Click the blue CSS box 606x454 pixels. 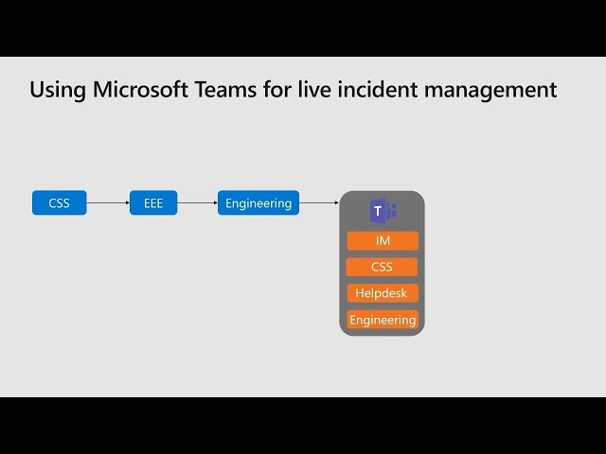59,202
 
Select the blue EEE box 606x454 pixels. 153,202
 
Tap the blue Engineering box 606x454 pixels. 258,202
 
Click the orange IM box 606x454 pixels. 383,241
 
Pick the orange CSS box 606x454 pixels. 382,267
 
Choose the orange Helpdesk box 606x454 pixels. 383,293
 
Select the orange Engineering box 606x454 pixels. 383,320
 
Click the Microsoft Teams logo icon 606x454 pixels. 383,211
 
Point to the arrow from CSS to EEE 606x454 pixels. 108,202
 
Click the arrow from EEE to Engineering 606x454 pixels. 198,202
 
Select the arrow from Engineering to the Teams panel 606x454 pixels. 319,202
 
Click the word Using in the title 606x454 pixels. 58,91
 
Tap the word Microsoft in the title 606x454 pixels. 141,90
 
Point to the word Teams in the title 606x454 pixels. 225,90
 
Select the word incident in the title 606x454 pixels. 378,90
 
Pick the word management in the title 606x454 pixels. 490,91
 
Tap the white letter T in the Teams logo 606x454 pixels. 378,211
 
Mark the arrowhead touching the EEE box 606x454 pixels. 128,202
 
